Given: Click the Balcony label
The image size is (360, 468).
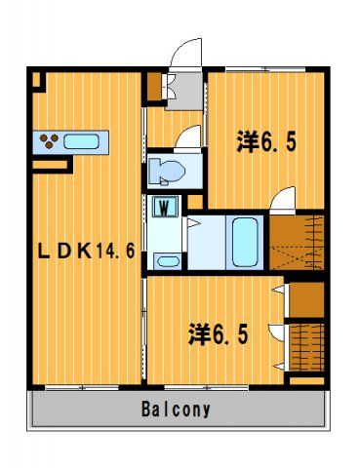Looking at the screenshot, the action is (176, 409).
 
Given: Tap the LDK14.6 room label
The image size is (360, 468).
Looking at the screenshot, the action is (86, 251).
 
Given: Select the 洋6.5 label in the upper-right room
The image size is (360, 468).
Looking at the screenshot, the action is (266, 141).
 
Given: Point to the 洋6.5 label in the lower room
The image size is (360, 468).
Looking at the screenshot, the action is (219, 333).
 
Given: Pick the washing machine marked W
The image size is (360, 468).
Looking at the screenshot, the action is (165, 206).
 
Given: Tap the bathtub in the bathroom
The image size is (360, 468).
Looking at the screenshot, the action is (246, 242).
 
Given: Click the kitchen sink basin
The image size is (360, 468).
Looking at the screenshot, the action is (81, 142).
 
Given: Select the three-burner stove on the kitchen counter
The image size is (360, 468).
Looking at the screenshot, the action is (49, 141).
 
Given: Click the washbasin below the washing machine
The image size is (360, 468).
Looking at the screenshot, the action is (167, 261).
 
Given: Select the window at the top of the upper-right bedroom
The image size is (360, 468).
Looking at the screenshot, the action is (265, 69).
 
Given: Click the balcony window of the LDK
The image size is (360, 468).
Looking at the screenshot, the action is (82, 387).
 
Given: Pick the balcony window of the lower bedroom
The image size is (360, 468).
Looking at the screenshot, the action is (206, 387).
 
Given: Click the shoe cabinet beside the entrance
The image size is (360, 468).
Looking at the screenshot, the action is (154, 87).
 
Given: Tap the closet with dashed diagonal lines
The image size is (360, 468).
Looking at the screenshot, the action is (297, 243).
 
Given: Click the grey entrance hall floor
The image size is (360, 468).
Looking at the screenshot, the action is (185, 91).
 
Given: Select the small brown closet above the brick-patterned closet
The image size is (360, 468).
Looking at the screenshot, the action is (306, 299).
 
